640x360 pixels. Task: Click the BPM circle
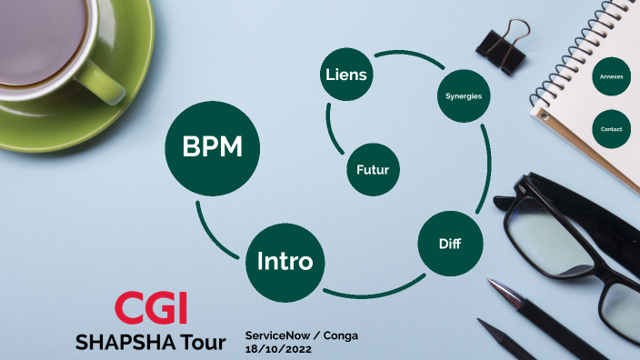pos(212,147)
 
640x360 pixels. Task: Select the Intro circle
pos(285,263)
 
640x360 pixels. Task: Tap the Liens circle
pos(345,75)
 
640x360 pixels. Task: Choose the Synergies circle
pos(464,95)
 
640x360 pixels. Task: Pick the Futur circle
pos(374,169)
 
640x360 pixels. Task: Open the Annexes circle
pos(611,77)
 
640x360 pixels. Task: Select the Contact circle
pos(611,129)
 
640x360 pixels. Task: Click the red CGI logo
pos(151,309)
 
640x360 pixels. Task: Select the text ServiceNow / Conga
pos(302,335)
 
